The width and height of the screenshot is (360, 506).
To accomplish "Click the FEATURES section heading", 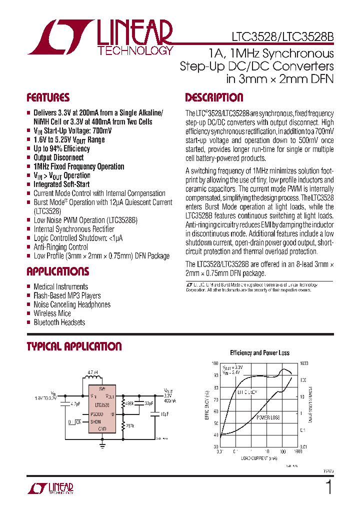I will [48, 97].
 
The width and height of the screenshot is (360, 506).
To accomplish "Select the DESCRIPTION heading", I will [214, 97].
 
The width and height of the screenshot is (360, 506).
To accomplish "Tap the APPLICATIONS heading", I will [57, 271].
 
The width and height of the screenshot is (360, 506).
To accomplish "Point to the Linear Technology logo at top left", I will [100, 37].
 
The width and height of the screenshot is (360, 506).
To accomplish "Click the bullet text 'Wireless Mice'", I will [52, 313].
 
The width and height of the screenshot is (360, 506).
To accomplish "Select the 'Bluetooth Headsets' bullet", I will [59, 322].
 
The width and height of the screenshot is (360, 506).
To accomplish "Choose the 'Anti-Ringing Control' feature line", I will [60, 247].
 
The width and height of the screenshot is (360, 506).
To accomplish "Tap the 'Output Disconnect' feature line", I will [58, 157].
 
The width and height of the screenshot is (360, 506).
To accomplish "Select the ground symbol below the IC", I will [102, 442].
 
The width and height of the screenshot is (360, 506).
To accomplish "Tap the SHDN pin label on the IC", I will [95, 421].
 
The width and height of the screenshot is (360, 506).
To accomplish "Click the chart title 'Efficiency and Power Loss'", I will [259, 352].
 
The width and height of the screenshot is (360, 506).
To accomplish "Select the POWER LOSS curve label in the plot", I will [268, 417].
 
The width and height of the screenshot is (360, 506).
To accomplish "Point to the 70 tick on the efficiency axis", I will [215, 399].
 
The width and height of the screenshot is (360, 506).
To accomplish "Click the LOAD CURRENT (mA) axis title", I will [258, 457].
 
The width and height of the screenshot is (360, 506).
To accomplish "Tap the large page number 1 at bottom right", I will [328, 487].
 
